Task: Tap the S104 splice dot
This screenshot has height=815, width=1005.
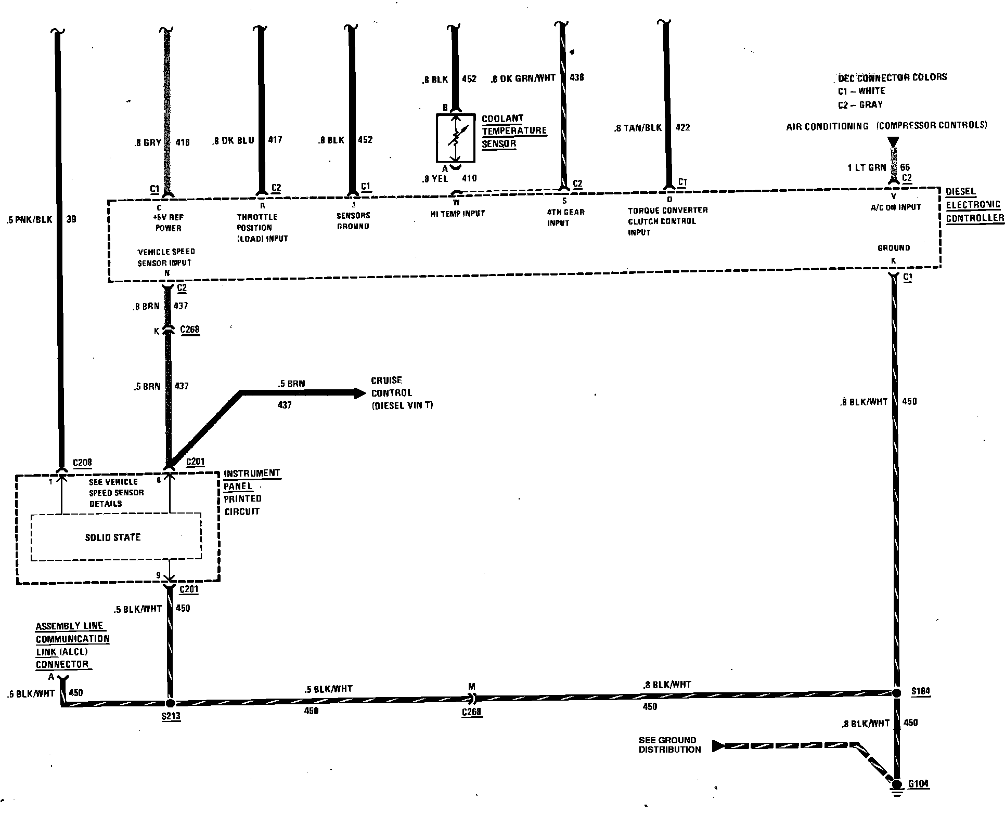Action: pos(896,692)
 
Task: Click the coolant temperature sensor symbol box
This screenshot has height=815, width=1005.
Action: pos(455,137)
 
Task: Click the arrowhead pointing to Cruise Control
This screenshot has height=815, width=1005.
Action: pos(359,393)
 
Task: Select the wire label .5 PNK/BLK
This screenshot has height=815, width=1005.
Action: pos(30,219)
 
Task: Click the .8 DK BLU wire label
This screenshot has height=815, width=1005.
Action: pos(234,140)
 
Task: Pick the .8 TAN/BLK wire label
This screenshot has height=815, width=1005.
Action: pos(638,128)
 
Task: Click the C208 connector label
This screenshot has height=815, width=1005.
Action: pos(83,463)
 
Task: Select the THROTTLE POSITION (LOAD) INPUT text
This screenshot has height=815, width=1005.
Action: pos(262,228)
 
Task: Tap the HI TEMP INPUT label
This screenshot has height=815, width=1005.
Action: pos(457,214)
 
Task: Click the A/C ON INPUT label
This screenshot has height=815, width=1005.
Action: pos(895,207)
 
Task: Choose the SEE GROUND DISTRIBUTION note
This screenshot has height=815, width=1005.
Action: pos(669,745)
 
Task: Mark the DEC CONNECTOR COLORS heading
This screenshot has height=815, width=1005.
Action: pos(892,77)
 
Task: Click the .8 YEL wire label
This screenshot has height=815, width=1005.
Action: pos(435,179)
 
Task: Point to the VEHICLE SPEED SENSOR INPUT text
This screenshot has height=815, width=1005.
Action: pos(166,257)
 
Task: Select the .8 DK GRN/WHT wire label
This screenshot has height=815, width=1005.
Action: pos(523,78)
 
